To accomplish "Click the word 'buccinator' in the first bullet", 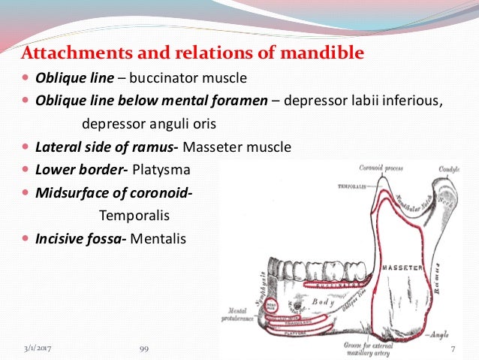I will click(x=149, y=77).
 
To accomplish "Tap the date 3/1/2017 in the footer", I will click(x=38, y=349).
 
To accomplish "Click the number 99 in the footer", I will click(x=145, y=349).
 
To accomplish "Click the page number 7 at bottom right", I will click(x=453, y=349).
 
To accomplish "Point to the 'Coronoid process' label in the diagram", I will click(x=381, y=168).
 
